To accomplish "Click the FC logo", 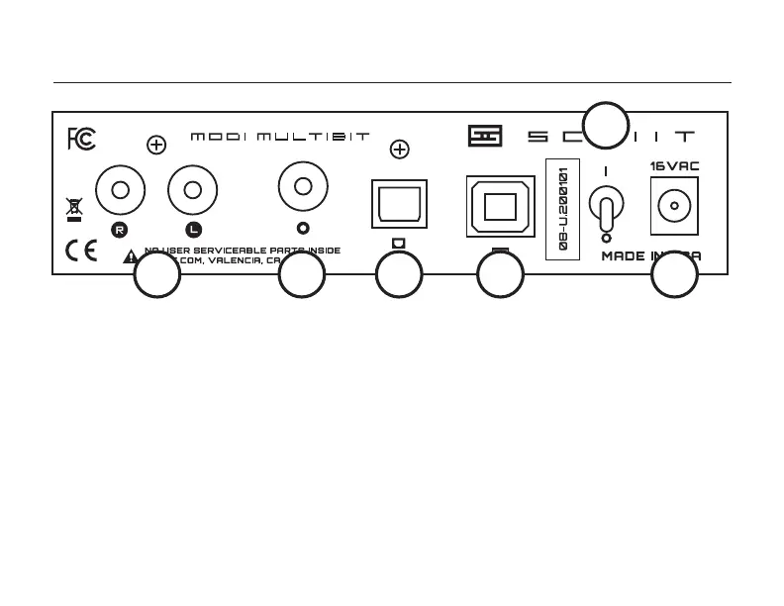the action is pos(81,140).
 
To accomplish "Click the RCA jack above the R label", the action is pos(121,189).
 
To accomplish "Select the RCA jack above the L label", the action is pos(192,189).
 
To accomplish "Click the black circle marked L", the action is pos(192,230).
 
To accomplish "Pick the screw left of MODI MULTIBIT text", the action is pos(155,146).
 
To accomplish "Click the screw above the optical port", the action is pos(399,150).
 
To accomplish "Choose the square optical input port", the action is pos(398,205).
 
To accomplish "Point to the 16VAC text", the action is pos(674,166).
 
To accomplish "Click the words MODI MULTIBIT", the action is pos(280,137).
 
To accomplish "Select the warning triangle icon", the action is pos(131,256).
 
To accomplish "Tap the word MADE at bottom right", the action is pos(624,256).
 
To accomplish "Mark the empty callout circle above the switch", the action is pos(605,126).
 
